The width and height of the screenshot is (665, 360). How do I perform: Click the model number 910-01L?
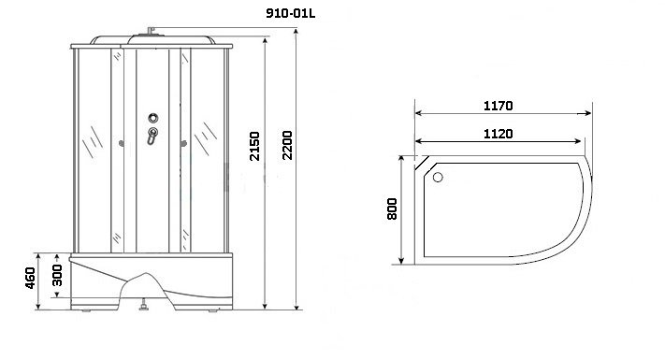tap(291, 13)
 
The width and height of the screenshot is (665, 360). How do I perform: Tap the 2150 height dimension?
tap(254, 146)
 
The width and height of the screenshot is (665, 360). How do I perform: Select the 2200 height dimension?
tap(287, 145)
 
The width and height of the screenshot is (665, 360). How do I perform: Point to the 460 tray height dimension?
tap(30, 278)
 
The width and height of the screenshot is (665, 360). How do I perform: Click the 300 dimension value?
tap(57, 275)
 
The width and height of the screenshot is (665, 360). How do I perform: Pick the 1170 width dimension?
tap(498, 106)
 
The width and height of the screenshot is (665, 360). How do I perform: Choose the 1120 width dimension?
tap(498, 134)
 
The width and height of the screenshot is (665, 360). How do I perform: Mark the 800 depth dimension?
tap(392, 209)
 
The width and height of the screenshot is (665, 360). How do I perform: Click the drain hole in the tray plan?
tap(438, 178)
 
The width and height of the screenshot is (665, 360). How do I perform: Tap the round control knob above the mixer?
tap(153, 118)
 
